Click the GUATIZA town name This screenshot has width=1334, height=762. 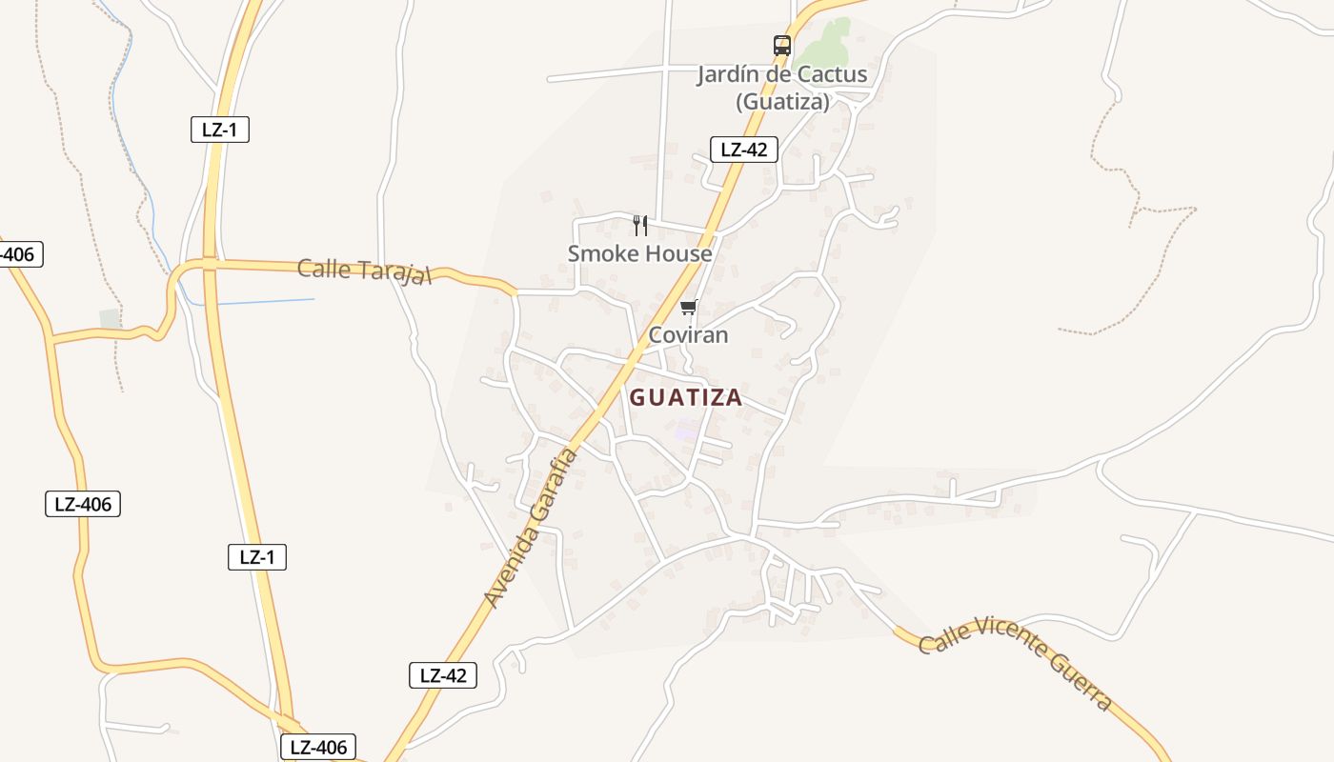point(685,397)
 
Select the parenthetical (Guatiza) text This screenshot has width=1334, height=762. point(782,101)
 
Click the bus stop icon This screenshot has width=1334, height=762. point(782,45)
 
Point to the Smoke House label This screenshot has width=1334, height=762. point(639,253)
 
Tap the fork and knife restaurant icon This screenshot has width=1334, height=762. point(640,226)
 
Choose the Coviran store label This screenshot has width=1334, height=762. point(688,334)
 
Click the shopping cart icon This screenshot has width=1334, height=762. point(688,307)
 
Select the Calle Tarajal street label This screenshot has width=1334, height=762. point(365,271)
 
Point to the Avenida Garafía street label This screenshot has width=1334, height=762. point(532,528)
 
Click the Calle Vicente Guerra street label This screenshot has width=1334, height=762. point(1016,662)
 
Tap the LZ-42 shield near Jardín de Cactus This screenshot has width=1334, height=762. point(744,150)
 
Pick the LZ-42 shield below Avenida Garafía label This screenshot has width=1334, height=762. point(443,675)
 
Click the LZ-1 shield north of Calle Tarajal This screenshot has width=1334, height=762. point(220,130)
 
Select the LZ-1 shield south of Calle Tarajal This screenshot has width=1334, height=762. point(257,557)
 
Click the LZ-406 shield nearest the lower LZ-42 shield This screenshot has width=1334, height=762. point(318,747)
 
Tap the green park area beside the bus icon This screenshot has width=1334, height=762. point(826,38)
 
